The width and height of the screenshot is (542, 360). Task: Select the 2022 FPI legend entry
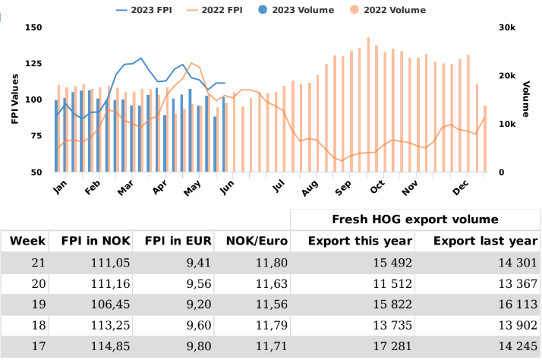point(227,10)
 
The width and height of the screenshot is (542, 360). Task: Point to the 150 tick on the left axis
point(33,27)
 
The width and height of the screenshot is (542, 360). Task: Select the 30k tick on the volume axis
point(506,27)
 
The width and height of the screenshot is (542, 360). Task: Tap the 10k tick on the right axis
point(506,124)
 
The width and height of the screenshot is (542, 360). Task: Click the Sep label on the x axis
point(342,187)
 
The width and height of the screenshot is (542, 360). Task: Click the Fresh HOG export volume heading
point(415,219)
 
